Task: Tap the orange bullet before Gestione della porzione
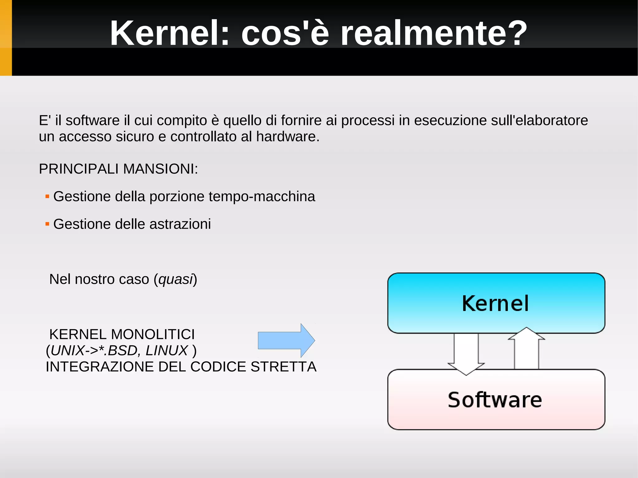click(47, 196)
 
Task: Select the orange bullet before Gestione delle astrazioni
click(47, 224)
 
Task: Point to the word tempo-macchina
click(262, 197)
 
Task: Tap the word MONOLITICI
click(153, 334)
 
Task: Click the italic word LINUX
click(167, 351)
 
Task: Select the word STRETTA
click(283, 367)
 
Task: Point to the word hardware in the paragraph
click(288, 137)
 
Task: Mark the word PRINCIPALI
click(79, 169)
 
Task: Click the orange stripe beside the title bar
click(6, 38)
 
